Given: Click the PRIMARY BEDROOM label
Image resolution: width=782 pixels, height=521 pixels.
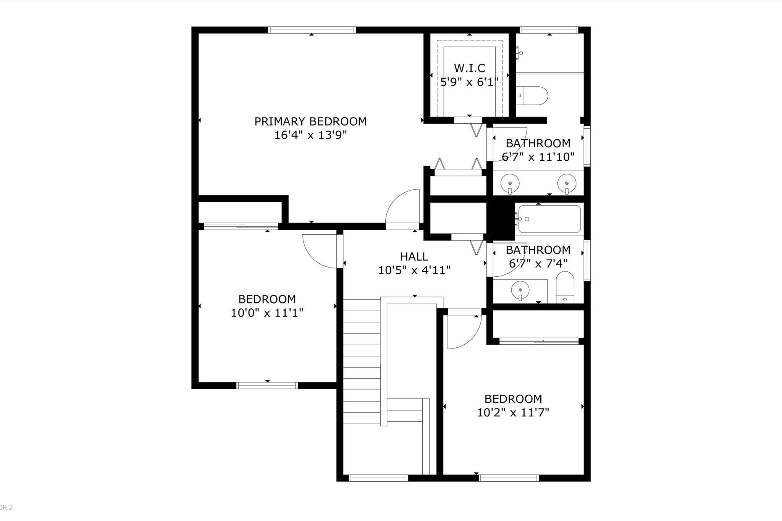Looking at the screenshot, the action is [x=310, y=121].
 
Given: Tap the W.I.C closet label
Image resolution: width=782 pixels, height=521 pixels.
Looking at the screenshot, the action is [x=469, y=68].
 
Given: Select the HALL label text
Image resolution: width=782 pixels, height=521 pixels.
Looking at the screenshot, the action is [x=414, y=256].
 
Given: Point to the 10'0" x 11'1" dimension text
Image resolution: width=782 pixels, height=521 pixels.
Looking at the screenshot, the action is [x=267, y=313].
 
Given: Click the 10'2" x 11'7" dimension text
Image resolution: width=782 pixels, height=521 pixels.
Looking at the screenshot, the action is [x=513, y=413].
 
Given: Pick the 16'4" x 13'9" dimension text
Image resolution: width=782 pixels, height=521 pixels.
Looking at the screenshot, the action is [x=310, y=135].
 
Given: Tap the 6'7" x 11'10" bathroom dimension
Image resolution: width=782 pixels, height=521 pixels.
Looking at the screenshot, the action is [x=538, y=157].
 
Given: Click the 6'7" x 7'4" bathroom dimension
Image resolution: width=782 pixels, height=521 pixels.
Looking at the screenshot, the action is [x=538, y=263].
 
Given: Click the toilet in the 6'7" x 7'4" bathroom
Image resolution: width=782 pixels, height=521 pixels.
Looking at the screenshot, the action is [x=565, y=287].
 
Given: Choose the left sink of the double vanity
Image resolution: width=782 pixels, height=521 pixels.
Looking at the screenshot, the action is [x=510, y=184].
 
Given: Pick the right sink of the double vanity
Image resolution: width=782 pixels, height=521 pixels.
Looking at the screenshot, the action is [x=567, y=184].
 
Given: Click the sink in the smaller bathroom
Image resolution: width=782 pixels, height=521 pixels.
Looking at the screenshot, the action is [x=520, y=290].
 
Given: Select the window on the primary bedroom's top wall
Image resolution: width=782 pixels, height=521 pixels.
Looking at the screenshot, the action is [x=312, y=30].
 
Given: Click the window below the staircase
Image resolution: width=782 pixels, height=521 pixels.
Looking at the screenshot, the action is [x=378, y=478].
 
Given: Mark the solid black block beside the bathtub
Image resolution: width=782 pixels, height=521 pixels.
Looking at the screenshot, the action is [x=500, y=219].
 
